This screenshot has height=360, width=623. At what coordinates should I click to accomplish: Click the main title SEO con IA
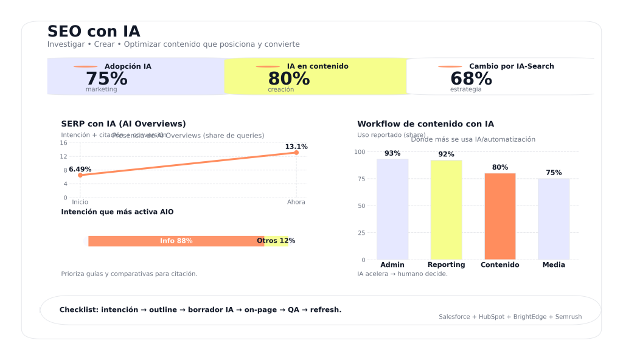(x=94, y=32)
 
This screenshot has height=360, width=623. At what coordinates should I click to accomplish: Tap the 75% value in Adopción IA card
(x=106, y=79)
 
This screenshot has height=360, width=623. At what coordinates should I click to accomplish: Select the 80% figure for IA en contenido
(x=289, y=79)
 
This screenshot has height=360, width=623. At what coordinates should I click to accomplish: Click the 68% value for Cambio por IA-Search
(x=471, y=79)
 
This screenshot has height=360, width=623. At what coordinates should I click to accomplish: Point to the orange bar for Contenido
(x=500, y=216)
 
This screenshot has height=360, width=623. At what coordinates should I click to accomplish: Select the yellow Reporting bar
(x=446, y=209)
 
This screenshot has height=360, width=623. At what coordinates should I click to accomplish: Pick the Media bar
(x=554, y=219)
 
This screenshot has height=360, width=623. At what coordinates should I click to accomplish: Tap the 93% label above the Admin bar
(x=392, y=154)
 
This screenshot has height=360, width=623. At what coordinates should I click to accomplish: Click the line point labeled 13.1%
(x=296, y=153)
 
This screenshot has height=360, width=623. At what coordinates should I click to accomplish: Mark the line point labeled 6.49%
(x=80, y=175)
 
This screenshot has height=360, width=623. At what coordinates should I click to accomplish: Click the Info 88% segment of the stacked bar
(x=176, y=241)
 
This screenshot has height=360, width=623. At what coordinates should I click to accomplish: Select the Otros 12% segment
(x=276, y=241)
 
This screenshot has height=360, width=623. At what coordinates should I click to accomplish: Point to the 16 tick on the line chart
(x=63, y=143)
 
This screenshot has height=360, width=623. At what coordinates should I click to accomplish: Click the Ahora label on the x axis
(x=296, y=202)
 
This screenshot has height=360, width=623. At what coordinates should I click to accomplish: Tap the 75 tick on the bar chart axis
(x=361, y=179)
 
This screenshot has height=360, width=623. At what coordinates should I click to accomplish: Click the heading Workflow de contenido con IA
(x=425, y=124)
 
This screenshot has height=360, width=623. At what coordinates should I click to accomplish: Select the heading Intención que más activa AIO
(x=117, y=212)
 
